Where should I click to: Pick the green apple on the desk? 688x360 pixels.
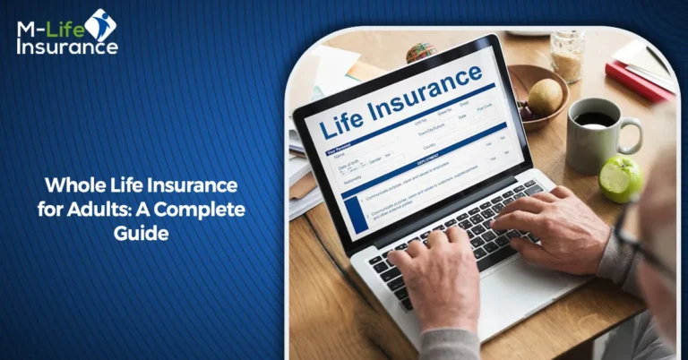click(621, 177)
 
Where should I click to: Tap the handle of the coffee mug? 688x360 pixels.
click(632, 134)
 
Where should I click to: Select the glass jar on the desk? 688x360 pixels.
click(568, 56)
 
